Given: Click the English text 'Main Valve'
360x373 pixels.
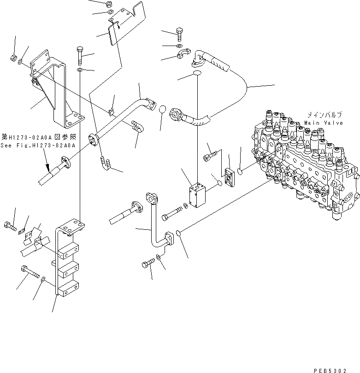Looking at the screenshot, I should coord(323,123).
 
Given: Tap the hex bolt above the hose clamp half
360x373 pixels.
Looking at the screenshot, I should coord(179,33).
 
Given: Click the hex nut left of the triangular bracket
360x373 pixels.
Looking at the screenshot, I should coord(14,58).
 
